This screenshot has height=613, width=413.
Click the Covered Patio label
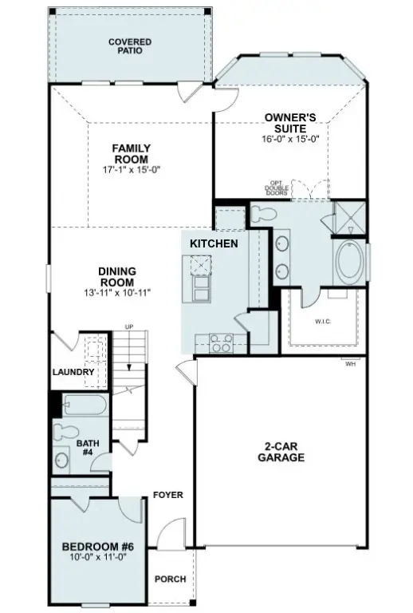tap(130, 45)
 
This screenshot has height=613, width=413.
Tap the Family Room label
tap(131, 153)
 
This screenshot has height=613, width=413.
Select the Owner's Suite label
tap(290, 122)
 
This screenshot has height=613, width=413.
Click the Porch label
tap(171, 579)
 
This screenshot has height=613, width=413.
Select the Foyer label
tap(168, 495)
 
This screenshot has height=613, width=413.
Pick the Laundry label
tap(74, 372)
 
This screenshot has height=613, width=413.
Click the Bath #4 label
tap(87, 448)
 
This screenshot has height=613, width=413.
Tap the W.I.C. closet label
tap(324, 322)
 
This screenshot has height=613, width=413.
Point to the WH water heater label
tap(350, 364)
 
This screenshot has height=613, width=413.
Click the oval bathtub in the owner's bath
tap(348, 263)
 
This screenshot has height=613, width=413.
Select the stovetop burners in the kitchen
tap(219, 344)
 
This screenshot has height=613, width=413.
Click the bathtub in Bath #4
tap(83, 405)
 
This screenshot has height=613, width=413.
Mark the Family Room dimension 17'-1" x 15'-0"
tap(131, 169)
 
